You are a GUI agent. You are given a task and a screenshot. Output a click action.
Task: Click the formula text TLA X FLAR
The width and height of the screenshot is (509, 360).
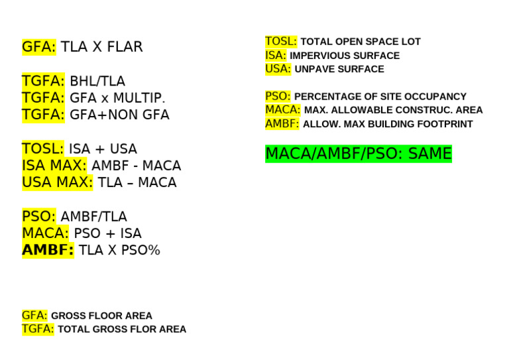[101, 47]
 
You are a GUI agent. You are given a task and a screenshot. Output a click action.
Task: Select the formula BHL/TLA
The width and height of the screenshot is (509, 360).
[97, 82]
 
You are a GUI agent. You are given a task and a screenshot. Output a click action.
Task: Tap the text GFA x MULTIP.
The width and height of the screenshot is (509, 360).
[117, 98]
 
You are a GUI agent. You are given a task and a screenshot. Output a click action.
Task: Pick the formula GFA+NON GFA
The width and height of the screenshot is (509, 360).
[119, 115]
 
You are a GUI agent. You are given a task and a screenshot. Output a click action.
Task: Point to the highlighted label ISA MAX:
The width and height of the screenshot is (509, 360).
[54, 166]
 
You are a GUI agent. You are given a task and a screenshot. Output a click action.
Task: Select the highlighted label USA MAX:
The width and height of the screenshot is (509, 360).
[57, 182]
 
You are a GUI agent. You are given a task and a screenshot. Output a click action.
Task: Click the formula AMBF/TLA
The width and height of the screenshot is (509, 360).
[93, 217]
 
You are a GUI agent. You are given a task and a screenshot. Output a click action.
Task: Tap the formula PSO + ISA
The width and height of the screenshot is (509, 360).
[107, 234]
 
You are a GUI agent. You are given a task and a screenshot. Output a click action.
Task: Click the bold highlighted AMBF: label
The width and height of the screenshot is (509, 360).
[47, 251]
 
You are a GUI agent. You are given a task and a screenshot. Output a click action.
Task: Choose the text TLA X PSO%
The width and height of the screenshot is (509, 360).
[119, 251]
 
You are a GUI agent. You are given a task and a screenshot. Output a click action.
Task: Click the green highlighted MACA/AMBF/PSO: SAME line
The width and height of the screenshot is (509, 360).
[358, 154]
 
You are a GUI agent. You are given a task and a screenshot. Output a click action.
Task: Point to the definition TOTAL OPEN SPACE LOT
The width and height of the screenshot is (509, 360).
[361, 42]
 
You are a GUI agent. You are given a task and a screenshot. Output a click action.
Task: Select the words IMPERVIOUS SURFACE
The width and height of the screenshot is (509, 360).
[345, 56]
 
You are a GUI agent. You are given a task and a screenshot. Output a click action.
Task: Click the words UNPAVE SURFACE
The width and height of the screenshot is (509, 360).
[339, 69]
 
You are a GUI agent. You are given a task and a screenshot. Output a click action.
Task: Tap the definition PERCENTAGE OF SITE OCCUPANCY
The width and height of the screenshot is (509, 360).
[380, 97]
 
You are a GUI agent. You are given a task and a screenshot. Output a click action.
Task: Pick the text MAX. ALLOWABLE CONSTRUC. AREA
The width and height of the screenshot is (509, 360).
[393, 110]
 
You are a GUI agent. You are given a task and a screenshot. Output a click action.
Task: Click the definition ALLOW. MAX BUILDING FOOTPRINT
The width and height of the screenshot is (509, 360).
[388, 124]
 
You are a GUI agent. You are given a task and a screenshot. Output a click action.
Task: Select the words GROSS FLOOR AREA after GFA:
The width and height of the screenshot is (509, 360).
[101, 316]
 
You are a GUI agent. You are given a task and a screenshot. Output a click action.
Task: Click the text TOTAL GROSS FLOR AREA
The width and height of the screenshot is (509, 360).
[122, 330]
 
